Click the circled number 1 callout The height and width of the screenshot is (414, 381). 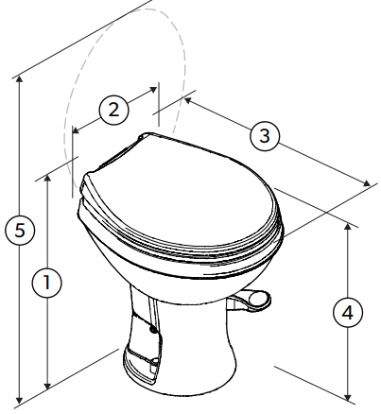[x=47, y=283]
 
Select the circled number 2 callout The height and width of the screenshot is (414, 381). [x=113, y=111]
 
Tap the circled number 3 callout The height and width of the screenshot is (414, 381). [x=265, y=136]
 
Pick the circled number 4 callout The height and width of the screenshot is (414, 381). [x=348, y=313]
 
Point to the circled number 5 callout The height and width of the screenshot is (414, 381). [x=20, y=230]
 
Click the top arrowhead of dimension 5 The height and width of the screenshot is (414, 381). [x=20, y=79]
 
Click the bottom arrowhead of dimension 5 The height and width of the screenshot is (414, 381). [x=20, y=400]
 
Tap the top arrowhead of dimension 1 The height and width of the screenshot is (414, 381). [x=47, y=179]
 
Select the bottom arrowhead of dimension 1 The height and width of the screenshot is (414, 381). [x=47, y=386]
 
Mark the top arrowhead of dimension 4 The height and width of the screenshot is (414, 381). [x=348, y=227]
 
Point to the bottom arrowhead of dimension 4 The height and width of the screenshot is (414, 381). [x=348, y=397]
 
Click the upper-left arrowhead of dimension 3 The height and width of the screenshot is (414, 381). [x=188, y=100]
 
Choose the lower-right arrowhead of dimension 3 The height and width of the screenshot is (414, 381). [x=367, y=183]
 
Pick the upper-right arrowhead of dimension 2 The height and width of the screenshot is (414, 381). [x=153, y=90]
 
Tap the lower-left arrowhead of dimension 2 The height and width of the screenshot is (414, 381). [x=77, y=129]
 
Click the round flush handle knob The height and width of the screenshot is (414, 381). [x=260, y=298]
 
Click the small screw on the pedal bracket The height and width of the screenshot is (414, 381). [x=153, y=330]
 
